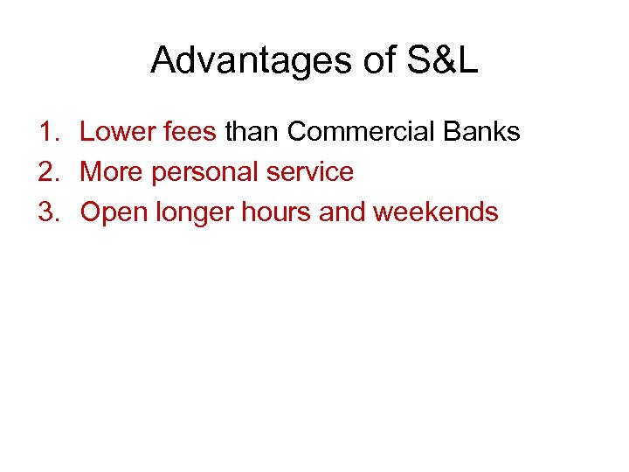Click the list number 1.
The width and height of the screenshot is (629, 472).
tap(47, 132)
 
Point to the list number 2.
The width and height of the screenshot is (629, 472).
tap(47, 172)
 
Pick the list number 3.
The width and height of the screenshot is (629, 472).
tap(47, 212)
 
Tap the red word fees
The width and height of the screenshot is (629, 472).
tap(187, 132)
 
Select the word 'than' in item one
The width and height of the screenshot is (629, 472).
tap(252, 132)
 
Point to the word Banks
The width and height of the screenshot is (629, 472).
tap(482, 132)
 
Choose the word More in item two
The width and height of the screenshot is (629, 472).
tap(112, 172)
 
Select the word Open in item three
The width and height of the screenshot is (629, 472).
tap(114, 213)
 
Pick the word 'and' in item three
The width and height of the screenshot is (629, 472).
tap(342, 212)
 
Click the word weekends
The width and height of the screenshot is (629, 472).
tap(435, 212)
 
